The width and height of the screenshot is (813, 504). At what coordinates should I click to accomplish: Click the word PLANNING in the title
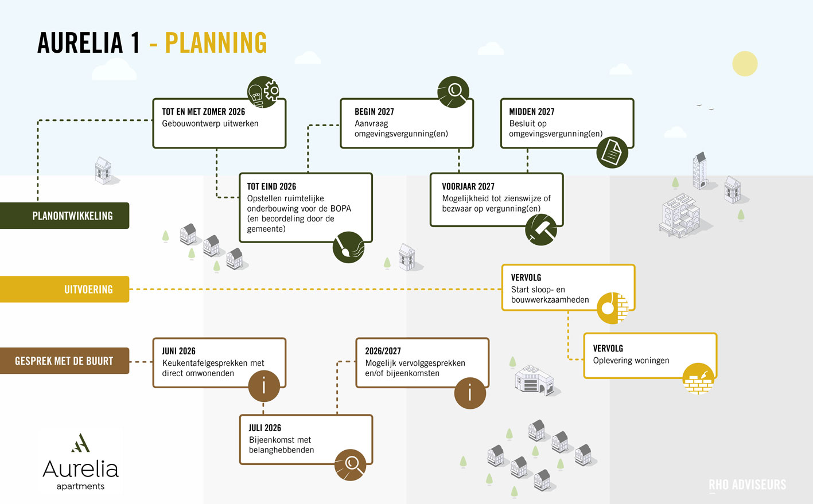click(x=216, y=43)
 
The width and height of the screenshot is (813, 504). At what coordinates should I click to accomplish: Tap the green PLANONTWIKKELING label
click(x=65, y=216)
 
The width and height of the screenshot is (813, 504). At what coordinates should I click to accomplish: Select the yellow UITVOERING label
click(x=65, y=289)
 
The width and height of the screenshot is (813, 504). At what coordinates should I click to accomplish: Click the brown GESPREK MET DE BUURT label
click(x=65, y=361)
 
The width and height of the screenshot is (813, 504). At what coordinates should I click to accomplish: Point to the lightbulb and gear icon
click(x=263, y=92)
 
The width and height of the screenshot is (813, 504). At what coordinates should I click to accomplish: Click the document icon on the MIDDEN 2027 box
click(x=612, y=153)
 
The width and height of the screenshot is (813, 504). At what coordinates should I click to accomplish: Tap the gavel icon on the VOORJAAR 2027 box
click(x=541, y=229)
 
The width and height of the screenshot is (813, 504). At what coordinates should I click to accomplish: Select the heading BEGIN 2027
click(x=374, y=112)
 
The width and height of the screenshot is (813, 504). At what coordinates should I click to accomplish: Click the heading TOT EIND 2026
click(x=271, y=186)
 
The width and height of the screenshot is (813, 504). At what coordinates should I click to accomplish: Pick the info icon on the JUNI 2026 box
click(x=264, y=386)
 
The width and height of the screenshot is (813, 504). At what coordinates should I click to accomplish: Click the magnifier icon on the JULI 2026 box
click(x=350, y=465)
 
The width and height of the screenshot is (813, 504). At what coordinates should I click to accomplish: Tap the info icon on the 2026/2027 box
click(x=470, y=393)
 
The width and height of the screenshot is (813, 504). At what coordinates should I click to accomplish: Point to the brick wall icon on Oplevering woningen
click(x=698, y=378)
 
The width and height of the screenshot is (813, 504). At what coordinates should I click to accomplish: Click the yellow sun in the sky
click(x=745, y=64)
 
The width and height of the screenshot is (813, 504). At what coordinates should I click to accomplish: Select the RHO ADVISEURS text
click(x=748, y=485)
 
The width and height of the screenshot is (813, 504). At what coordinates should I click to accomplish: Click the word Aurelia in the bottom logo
click(x=80, y=469)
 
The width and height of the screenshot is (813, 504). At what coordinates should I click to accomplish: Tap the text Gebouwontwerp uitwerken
click(x=210, y=124)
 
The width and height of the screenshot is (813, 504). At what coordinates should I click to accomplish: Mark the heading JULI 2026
click(x=265, y=428)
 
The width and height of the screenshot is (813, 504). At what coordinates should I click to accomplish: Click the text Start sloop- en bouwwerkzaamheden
click(x=550, y=294)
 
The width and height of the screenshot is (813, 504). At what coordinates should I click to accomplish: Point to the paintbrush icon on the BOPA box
click(x=348, y=247)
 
